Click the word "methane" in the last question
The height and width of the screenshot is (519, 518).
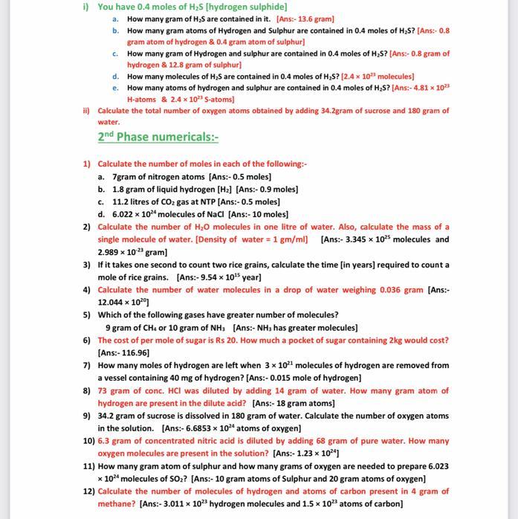tap(117, 504)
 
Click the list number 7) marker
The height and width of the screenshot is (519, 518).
tap(88, 365)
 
